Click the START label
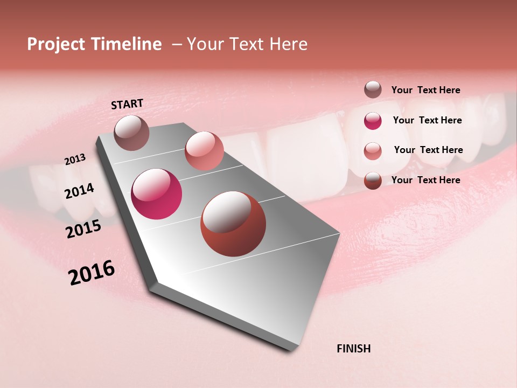pos(127,104)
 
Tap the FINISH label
pos(353,349)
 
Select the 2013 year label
pos(75,160)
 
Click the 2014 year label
pos(79,191)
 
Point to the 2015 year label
pos(83,229)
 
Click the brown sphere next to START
pos(131,133)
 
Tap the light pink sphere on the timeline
pos(204,151)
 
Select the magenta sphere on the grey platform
pos(156,194)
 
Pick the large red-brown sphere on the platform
pos(233,224)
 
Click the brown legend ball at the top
pos(373,89)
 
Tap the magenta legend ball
pos(373,121)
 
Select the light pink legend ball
pos(373,151)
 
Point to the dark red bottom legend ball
pos(373,181)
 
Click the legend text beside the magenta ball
pos(427,120)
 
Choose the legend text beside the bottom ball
pos(425,180)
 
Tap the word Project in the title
pos(55,44)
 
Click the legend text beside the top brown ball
pos(425,90)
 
